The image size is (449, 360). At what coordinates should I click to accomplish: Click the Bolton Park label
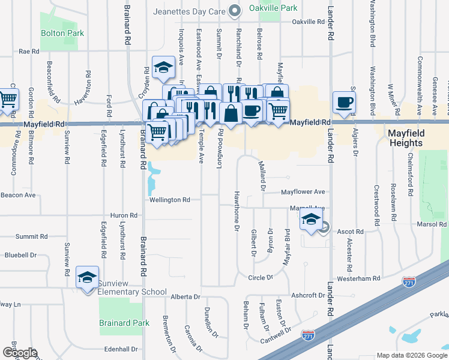[x=62, y=34]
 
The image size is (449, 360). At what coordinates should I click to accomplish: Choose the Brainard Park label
[x=124, y=323]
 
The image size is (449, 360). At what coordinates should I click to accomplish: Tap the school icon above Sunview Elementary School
[x=88, y=278]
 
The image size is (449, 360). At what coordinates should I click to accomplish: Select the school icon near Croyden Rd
[x=163, y=68]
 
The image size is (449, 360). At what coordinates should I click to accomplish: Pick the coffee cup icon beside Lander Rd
[x=344, y=102]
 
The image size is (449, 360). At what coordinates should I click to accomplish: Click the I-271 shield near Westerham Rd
[x=409, y=281]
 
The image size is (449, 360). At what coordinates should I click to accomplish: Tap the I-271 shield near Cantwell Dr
[x=309, y=335]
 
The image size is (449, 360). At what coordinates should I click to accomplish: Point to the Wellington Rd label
[x=170, y=200]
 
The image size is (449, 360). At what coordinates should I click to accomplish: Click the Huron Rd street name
[x=124, y=215]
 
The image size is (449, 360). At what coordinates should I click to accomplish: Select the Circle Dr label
[x=261, y=278]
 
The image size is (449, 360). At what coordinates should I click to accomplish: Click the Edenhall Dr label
[x=121, y=349]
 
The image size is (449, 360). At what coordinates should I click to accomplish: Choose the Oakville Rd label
[x=308, y=22]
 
